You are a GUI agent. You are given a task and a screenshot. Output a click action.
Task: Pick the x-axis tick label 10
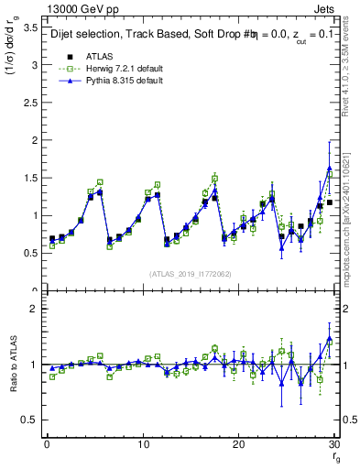[142, 444]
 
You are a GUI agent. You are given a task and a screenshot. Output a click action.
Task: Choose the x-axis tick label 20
[238, 444]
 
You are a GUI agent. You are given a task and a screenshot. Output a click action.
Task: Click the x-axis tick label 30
[334, 444]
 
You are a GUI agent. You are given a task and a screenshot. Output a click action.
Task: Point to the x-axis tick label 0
[46, 444]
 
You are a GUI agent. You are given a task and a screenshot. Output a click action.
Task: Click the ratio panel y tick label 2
[33, 309]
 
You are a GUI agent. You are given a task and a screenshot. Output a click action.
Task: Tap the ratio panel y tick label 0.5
[29, 420]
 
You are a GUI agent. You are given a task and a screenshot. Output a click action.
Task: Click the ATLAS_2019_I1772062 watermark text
[191, 274]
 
